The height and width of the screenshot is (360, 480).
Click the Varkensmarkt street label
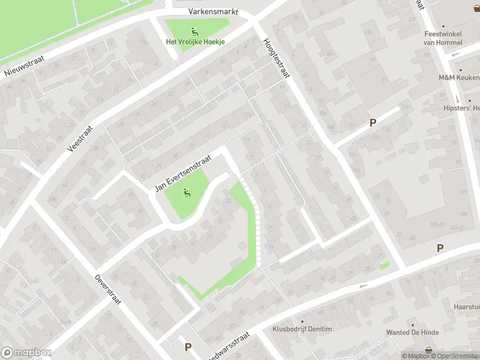pyautogui.click(x=213, y=11)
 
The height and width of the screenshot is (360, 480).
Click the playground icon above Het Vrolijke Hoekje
pyautogui.click(x=194, y=31)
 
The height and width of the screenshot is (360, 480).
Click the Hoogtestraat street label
pyautogui.click(x=276, y=58)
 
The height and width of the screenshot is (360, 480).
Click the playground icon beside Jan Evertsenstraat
pyautogui.click(x=187, y=193)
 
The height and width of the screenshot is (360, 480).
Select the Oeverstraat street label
pyautogui.click(x=108, y=289)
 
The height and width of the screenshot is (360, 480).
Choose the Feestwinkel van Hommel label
pyautogui.click(x=443, y=38)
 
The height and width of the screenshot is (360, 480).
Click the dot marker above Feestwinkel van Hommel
pyautogui.click(x=443, y=26)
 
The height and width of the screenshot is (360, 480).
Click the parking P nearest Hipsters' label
pyautogui.click(x=373, y=123)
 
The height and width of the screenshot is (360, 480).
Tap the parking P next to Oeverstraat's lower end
pyautogui.click(x=188, y=347)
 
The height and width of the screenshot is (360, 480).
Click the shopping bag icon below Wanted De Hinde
pyautogui.click(x=429, y=349)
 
